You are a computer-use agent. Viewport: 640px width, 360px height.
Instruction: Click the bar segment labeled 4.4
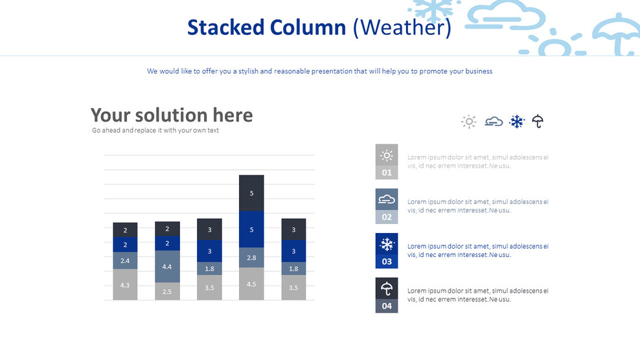(167, 267)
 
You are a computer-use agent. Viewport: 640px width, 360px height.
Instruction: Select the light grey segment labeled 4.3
(125, 285)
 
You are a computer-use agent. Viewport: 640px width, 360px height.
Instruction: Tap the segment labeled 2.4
(125, 261)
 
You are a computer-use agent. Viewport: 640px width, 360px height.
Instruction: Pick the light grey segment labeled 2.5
(167, 291)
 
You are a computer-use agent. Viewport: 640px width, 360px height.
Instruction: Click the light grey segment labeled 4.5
(251, 284)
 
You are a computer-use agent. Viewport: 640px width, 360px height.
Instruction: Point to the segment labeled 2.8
(251, 258)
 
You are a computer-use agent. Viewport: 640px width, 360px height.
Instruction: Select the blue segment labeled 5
(251, 229)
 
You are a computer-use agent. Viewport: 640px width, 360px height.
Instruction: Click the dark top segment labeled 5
(251, 193)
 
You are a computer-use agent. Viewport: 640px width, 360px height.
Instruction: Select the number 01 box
(387, 173)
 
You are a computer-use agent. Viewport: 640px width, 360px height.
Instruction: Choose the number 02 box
(387, 217)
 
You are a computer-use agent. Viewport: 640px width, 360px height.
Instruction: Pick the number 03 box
(387, 262)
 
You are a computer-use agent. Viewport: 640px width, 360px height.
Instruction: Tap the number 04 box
(387, 306)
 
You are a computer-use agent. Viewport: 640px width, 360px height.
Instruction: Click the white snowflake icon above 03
(387, 245)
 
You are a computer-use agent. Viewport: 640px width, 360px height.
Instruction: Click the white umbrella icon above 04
(387, 289)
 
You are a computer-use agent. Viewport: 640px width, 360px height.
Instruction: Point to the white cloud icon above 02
(387, 199)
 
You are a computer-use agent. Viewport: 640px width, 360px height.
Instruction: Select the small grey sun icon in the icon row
(469, 121)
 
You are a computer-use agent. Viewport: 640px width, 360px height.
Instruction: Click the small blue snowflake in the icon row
(516, 121)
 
